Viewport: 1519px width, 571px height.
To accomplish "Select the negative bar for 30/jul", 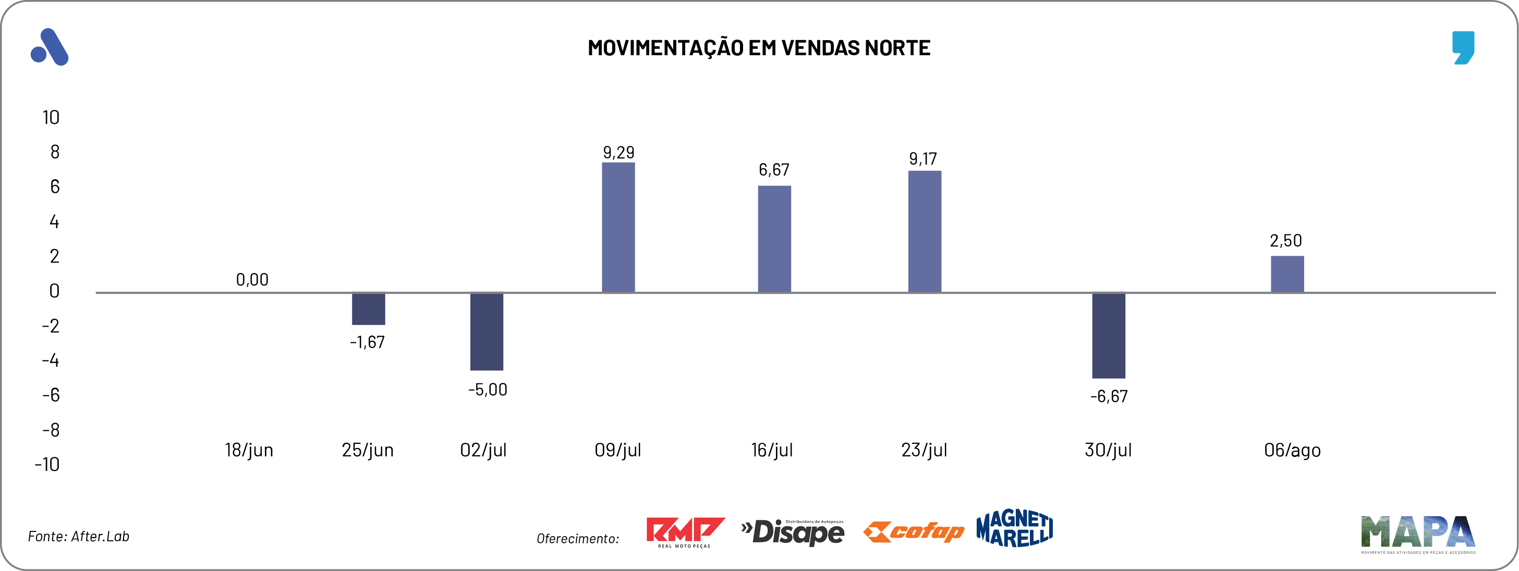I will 1108,336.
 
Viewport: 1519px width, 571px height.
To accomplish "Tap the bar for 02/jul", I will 487,331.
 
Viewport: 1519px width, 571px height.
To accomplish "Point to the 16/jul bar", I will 774,239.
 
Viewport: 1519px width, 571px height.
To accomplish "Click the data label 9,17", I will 923,158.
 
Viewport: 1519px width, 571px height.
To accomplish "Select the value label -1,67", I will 368,342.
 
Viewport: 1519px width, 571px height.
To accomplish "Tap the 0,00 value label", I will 252,279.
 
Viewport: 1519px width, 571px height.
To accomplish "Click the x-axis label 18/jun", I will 249,450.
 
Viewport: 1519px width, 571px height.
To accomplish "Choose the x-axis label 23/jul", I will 923,450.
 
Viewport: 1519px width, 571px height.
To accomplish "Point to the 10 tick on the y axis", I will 51,117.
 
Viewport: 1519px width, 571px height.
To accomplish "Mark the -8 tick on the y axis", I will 51,430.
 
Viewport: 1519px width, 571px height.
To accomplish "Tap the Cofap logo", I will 914,531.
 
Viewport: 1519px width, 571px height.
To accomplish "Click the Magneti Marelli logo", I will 1014,528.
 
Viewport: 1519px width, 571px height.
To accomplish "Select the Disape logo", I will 793,532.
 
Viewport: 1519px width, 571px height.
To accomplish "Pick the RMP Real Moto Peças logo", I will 685,531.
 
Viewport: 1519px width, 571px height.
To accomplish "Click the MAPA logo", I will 1417,533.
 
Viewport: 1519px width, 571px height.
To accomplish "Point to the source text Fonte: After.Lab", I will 78,536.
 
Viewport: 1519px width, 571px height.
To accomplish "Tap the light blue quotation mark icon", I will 1463,47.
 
